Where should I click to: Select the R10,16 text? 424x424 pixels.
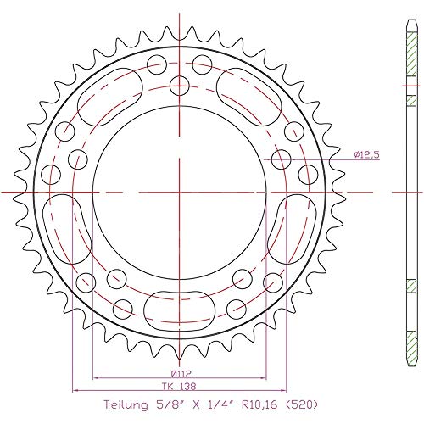[260, 406]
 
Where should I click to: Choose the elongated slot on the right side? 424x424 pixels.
[289, 223]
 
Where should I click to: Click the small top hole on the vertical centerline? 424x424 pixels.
[179, 83]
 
